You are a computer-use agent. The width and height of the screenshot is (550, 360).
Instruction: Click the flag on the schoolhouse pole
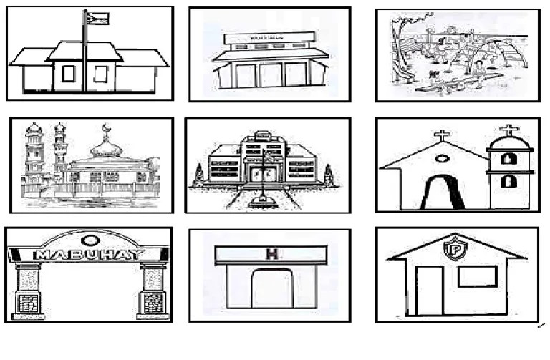(97, 18)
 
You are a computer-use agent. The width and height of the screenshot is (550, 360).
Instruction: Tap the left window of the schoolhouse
(68, 74)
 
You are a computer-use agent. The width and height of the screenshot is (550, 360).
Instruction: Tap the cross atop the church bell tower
(509, 130)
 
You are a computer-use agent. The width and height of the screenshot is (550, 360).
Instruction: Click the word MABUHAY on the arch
(89, 254)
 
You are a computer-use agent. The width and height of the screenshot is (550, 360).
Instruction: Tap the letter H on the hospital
(271, 253)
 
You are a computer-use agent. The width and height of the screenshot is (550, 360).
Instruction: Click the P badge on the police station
(453, 250)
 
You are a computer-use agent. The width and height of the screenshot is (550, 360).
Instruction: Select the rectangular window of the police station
(477, 276)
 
